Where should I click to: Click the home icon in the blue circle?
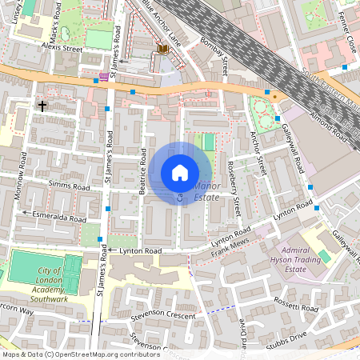(x=180, y=173)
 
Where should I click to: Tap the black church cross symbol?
(x=42, y=106)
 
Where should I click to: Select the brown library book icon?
(x=164, y=50)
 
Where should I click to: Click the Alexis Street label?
(x=62, y=49)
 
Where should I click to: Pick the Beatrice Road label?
(x=141, y=172)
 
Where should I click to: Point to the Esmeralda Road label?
(x=58, y=217)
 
